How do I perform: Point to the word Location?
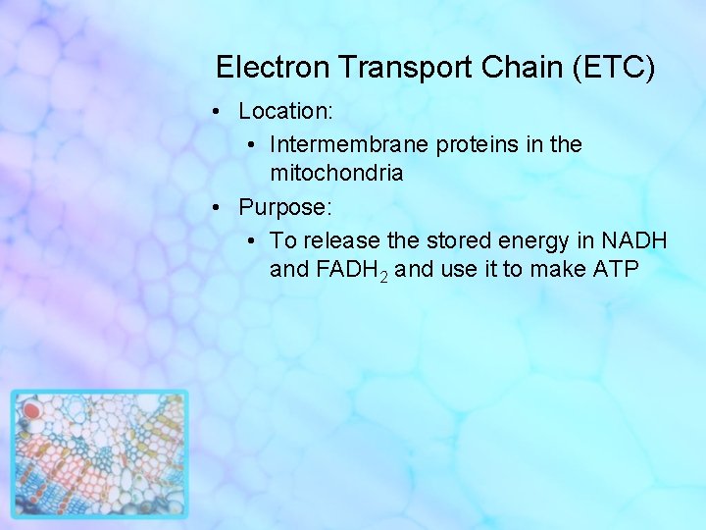pos(283,112)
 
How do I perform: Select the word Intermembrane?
pos(350,144)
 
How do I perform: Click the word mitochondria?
pos(336,173)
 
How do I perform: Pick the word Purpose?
pos(285,208)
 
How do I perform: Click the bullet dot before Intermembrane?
pos(252,145)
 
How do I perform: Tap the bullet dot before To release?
pos(252,240)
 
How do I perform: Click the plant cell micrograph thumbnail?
pos(99,453)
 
